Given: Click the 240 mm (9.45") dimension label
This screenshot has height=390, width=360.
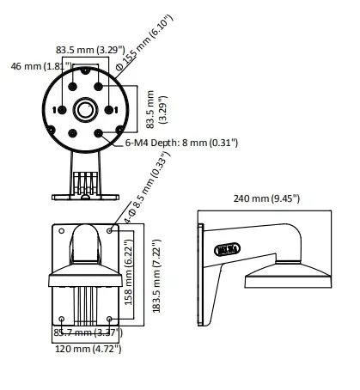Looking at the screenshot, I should pos(266,199).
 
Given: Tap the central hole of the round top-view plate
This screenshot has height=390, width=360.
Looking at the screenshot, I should pos(84,109).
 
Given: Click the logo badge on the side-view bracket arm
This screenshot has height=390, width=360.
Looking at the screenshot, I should pos(229,249).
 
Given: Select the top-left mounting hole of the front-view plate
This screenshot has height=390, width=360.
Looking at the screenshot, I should pos(59,230).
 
